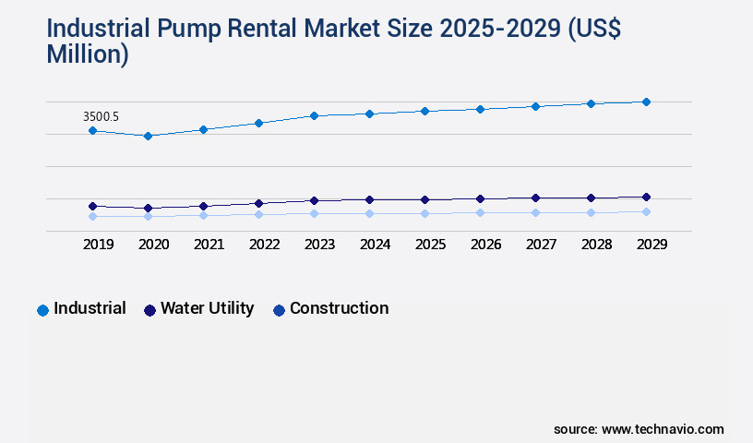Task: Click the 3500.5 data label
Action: click(101, 116)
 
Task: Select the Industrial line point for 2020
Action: click(148, 136)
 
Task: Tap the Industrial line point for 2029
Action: click(646, 102)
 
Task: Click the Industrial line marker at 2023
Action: click(314, 115)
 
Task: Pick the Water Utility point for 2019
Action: click(92, 206)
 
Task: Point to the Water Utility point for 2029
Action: click(646, 197)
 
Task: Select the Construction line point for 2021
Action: click(203, 215)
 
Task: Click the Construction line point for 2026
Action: click(480, 212)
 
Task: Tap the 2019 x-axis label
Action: click(99, 245)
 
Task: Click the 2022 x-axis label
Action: click(265, 245)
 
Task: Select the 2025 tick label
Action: click(431, 245)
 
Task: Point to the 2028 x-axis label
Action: click(597, 245)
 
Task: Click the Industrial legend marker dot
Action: click(42, 310)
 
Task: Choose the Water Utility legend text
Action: click(207, 308)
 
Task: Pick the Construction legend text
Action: click(339, 308)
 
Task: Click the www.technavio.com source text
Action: click(663, 429)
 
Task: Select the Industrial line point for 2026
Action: click(480, 109)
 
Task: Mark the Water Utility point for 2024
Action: click(369, 199)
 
